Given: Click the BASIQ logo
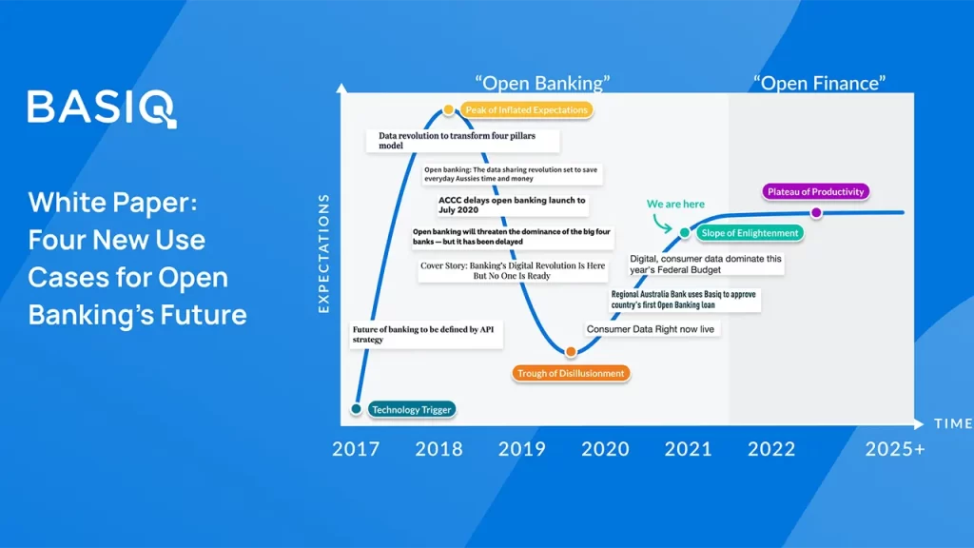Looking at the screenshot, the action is tap(102, 108).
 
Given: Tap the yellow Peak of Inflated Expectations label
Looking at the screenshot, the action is tap(526, 110).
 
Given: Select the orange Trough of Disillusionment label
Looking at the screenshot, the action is tap(571, 373).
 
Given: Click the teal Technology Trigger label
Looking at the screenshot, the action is tap(411, 409).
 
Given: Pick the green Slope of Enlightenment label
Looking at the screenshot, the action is tap(750, 233).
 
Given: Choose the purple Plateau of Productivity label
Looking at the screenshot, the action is tap(815, 192).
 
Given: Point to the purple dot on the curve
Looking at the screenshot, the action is tap(816, 212).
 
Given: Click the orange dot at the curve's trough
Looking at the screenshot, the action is tap(571, 352).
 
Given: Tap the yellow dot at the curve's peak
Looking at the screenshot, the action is tap(448, 110).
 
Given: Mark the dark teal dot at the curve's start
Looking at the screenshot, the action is tap(356, 409).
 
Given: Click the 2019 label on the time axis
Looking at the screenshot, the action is tap(522, 449).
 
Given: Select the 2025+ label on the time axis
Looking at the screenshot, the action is tap(895, 449).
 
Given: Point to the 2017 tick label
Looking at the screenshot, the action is tap(356, 449).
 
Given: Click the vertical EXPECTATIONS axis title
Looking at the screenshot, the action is tap(323, 253).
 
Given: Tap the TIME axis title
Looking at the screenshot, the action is tap(953, 423).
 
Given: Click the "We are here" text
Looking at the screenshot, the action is tap(675, 204).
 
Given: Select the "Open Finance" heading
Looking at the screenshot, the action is tap(819, 84).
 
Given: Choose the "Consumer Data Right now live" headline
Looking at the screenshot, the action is tap(651, 329).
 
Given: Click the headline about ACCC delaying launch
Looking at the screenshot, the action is tap(512, 205).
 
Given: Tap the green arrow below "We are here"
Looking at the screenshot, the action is tap(661, 224).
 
